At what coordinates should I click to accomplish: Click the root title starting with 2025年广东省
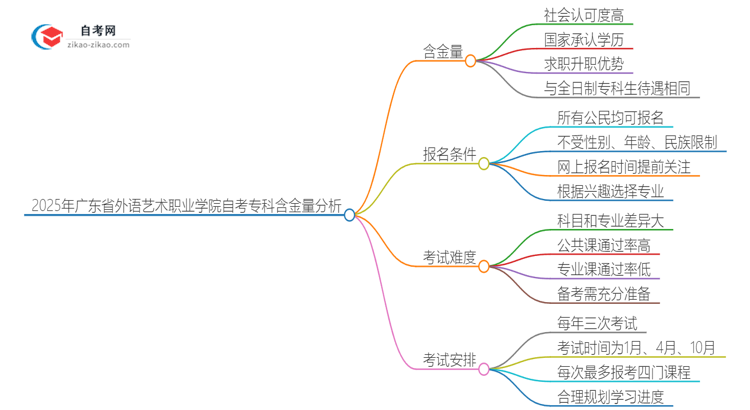[185, 212]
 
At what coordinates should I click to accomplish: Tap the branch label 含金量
[443, 49]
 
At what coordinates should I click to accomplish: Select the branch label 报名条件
[448, 154]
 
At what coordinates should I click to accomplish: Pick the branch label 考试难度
[448, 258]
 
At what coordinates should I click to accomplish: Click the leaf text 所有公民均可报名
[610, 118]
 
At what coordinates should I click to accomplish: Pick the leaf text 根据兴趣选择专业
[610, 191]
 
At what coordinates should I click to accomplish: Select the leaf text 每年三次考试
[596, 322]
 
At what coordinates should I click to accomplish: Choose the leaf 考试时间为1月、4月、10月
[636, 348]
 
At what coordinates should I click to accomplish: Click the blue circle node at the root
[350, 214]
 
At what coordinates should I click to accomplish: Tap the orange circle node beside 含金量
[471, 60]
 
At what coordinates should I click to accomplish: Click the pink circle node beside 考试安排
[483, 370]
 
